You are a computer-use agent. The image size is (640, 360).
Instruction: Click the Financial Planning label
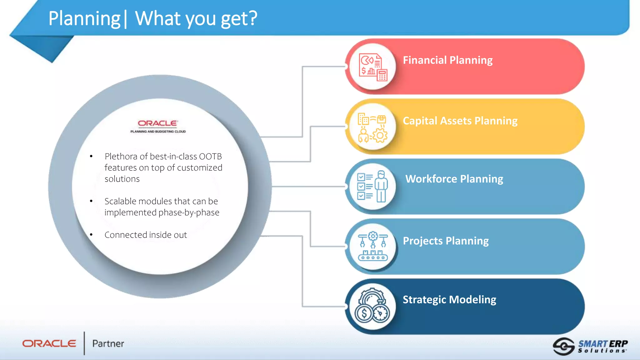447,60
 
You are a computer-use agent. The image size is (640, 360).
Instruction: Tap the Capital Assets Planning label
460,121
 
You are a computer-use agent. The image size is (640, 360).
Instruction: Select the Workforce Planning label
454,179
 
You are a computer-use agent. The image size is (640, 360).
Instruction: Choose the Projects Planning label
446,241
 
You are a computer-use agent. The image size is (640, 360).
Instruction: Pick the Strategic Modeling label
449,299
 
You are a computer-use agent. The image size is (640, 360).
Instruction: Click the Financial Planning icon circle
373,67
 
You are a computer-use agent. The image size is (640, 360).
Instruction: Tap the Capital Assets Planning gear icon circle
373,127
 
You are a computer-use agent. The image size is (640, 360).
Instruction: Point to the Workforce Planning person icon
381,187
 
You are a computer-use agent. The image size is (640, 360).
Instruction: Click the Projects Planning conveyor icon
373,247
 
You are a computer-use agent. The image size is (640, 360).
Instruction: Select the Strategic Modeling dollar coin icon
364,313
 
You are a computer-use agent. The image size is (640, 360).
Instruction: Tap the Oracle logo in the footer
49,343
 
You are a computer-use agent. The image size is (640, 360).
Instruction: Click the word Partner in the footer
108,343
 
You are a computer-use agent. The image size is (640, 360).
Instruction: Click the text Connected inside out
146,235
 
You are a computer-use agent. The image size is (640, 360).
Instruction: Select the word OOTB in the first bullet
210,156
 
